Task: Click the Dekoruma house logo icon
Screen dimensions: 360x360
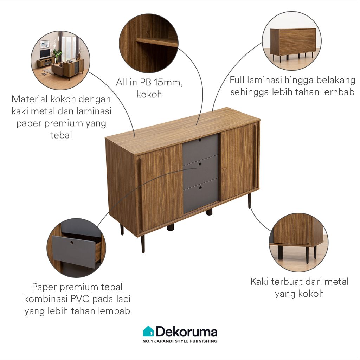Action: pyautogui.click(x=148, y=331)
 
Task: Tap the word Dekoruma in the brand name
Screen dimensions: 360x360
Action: pyautogui.click(x=187, y=332)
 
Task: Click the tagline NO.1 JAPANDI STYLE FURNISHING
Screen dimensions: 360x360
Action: pyautogui.click(x=180, y=341)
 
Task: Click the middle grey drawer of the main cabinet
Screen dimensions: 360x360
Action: pyautogui.click(x=201, y=171)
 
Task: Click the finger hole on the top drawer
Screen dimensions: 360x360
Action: pyautogui.click(x=200, y=140)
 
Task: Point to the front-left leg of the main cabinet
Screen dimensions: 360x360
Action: pyautogui.click(x=143, y=244)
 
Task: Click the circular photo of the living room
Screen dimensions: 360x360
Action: pyautogui.click(x=60, y=60)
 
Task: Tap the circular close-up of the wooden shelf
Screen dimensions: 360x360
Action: pyautogui.click(x=149, y=43)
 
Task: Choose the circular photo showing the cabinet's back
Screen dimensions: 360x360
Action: pyautogui.click(x=291, y=41)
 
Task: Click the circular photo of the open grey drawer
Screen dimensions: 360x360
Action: pyautogui.click(x=76, y=247)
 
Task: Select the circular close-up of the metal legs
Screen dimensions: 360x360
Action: pyautogui.click(x=298, y=242)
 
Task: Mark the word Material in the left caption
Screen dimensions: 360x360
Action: pyautogui.click(x=30, y=99)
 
